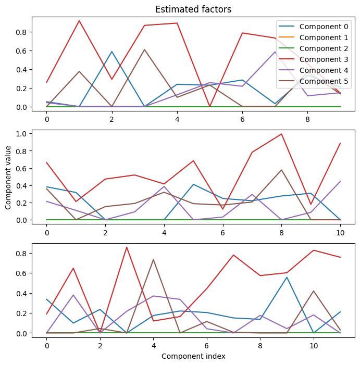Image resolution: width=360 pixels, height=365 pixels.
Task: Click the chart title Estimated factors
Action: [193, 9]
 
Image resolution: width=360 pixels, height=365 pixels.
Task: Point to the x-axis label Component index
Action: [193, 356]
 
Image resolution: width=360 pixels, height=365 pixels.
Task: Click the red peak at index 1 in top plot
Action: [79, 21]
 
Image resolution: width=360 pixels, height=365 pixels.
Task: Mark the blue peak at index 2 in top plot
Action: [112, 52]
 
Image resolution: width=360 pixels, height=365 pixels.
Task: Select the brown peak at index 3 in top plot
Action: [144, 49]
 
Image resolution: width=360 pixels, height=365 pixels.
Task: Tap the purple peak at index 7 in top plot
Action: [275, 52]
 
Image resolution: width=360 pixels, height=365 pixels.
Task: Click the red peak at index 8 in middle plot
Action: [282, 134]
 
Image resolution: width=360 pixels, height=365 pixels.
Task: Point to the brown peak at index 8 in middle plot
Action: [282, 170]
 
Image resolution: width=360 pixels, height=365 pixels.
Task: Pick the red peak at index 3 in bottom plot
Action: [127, 247]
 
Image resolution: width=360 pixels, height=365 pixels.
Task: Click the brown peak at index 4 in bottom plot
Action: [153, 259]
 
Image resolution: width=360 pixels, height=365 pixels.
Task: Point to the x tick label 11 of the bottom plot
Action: [341, 344]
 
